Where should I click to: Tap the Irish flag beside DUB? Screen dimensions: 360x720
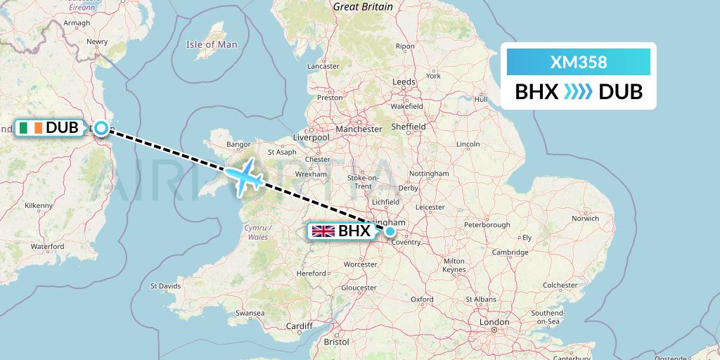pos(32,127)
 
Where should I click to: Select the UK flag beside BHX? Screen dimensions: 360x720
pos(323,231)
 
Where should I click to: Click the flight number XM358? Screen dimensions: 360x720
pos(578,63)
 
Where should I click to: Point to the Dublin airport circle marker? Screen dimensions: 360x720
pos(101,128)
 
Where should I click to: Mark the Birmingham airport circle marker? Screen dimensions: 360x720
pos(390,231)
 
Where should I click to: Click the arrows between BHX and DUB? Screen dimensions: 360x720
pos(578,92)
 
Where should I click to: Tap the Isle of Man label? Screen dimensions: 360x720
pos(212,44)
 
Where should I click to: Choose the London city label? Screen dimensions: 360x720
pos(494,321)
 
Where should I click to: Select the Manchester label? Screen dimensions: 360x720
pos(359,129)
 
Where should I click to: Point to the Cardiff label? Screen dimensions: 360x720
pos(299,326)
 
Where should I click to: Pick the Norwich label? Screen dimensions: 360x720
pos(585,218)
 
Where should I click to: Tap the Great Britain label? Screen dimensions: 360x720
pos(363,6)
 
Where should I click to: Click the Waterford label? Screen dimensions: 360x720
pos(47,247)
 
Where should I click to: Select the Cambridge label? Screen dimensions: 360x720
pos(510,252)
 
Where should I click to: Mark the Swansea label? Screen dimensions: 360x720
pos(250,312)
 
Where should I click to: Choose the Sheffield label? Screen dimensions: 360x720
pos(409,127)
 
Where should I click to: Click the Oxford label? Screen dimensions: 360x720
pos(422,299)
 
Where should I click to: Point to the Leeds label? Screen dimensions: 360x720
pos(404,82)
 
